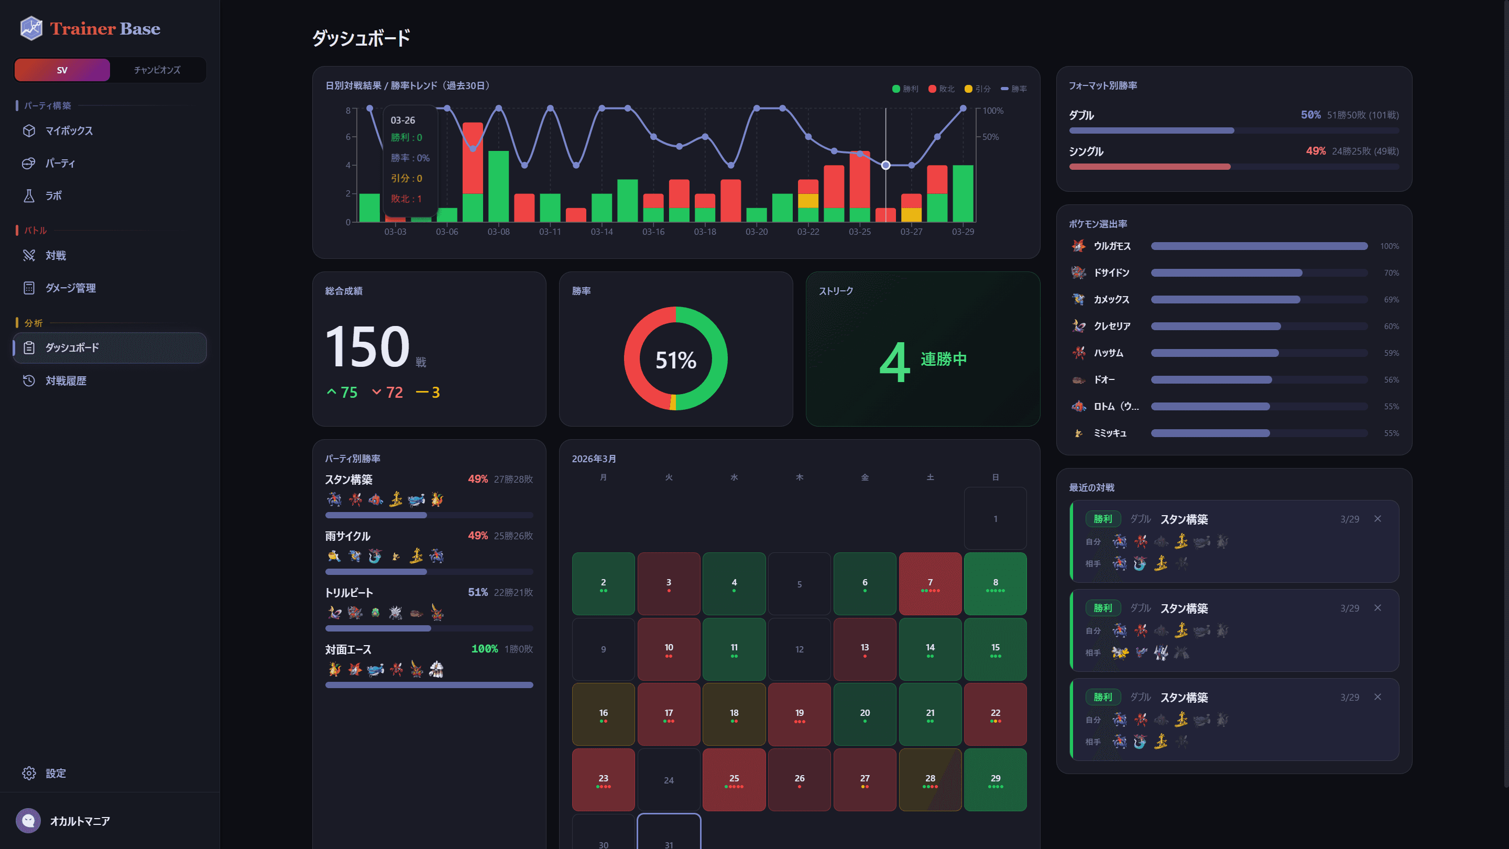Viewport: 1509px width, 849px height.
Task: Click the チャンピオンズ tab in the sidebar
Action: (157, 70)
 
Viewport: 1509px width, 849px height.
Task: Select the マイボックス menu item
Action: (69, 130)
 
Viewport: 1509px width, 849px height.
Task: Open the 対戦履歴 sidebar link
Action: (65, 381)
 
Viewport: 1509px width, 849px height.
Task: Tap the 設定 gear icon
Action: (29, 774)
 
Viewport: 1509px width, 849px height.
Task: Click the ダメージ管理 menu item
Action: (70, 288)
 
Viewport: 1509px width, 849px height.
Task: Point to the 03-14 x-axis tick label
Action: (602, 232)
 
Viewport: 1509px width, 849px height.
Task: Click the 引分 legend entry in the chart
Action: (978, 89)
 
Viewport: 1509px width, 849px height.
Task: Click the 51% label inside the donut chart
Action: (675, 360)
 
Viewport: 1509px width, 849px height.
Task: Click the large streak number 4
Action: (894, 362)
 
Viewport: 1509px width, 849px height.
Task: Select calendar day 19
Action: (799, 714)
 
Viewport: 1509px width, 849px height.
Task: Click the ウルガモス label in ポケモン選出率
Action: (1112, 246)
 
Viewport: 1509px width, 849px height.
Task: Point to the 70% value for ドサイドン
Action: (1391, 273)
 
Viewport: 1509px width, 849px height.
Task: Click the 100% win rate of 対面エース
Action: (485, 649)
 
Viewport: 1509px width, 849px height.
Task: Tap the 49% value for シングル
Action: (1316, 151)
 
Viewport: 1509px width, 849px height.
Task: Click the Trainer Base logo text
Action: (105, 29)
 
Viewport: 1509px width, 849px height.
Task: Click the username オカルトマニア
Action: (80, 821)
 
